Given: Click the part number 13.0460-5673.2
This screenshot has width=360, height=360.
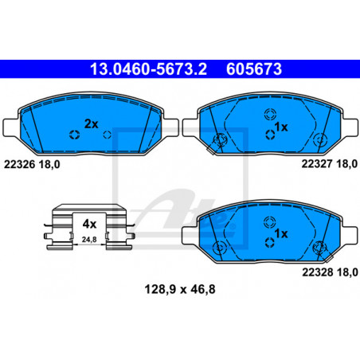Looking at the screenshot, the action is [148, 69].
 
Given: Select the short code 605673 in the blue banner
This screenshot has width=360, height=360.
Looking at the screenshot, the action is [254, 69].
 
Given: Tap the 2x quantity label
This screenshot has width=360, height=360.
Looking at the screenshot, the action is [91, 123].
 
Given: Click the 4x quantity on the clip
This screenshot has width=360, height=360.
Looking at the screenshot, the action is [89, 224].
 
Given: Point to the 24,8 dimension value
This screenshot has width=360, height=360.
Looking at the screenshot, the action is [89, 240].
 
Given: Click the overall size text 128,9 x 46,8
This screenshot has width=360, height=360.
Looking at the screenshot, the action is [180, 289].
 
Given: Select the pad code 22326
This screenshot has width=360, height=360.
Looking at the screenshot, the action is [19, 165].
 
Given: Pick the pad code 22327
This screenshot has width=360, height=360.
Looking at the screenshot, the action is [317, 164].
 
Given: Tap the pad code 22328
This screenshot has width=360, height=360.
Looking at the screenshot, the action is [318, 272].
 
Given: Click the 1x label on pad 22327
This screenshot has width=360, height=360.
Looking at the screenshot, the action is [281, 127].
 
